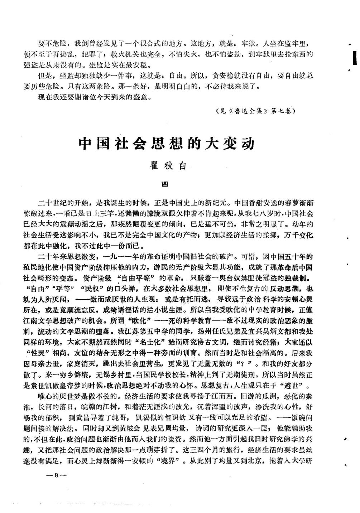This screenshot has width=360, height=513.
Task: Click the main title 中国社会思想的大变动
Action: tap(167, 144)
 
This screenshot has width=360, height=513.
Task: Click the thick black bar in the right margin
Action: tap(354, 58)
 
